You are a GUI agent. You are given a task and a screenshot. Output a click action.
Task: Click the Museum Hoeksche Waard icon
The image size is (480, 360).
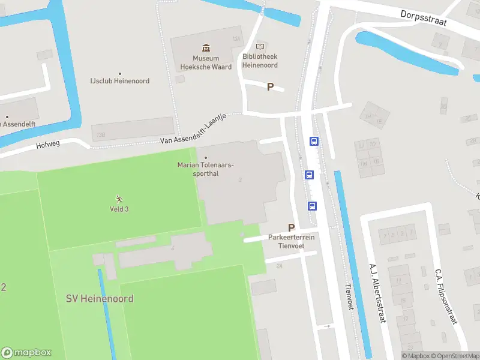(206, 47)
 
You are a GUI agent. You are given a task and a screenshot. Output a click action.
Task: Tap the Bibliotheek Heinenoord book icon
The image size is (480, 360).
(260, 46)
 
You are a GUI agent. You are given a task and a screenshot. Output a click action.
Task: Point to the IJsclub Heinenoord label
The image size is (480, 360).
(119, 80)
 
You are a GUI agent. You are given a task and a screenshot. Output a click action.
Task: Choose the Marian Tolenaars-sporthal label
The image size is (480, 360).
(206, 169)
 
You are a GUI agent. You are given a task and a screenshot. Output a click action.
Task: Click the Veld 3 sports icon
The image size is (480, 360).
(119, 199)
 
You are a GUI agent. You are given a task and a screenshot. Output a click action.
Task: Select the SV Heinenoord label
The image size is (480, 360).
(100, 298)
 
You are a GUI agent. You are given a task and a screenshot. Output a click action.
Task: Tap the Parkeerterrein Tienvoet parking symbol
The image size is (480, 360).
(292, 227)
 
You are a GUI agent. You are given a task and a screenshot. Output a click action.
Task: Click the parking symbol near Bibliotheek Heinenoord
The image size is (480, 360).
(270, 86)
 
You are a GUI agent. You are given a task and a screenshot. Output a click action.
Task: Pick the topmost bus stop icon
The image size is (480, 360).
(314, 142)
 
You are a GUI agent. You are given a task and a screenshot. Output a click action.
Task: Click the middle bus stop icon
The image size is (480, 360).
(309, 175)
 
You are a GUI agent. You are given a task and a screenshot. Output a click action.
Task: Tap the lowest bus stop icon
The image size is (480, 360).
(313, 206)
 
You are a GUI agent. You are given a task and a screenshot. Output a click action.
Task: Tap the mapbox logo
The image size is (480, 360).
(26, 353)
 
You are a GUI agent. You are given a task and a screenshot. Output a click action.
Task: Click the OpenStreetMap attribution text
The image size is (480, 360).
(455, 356)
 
